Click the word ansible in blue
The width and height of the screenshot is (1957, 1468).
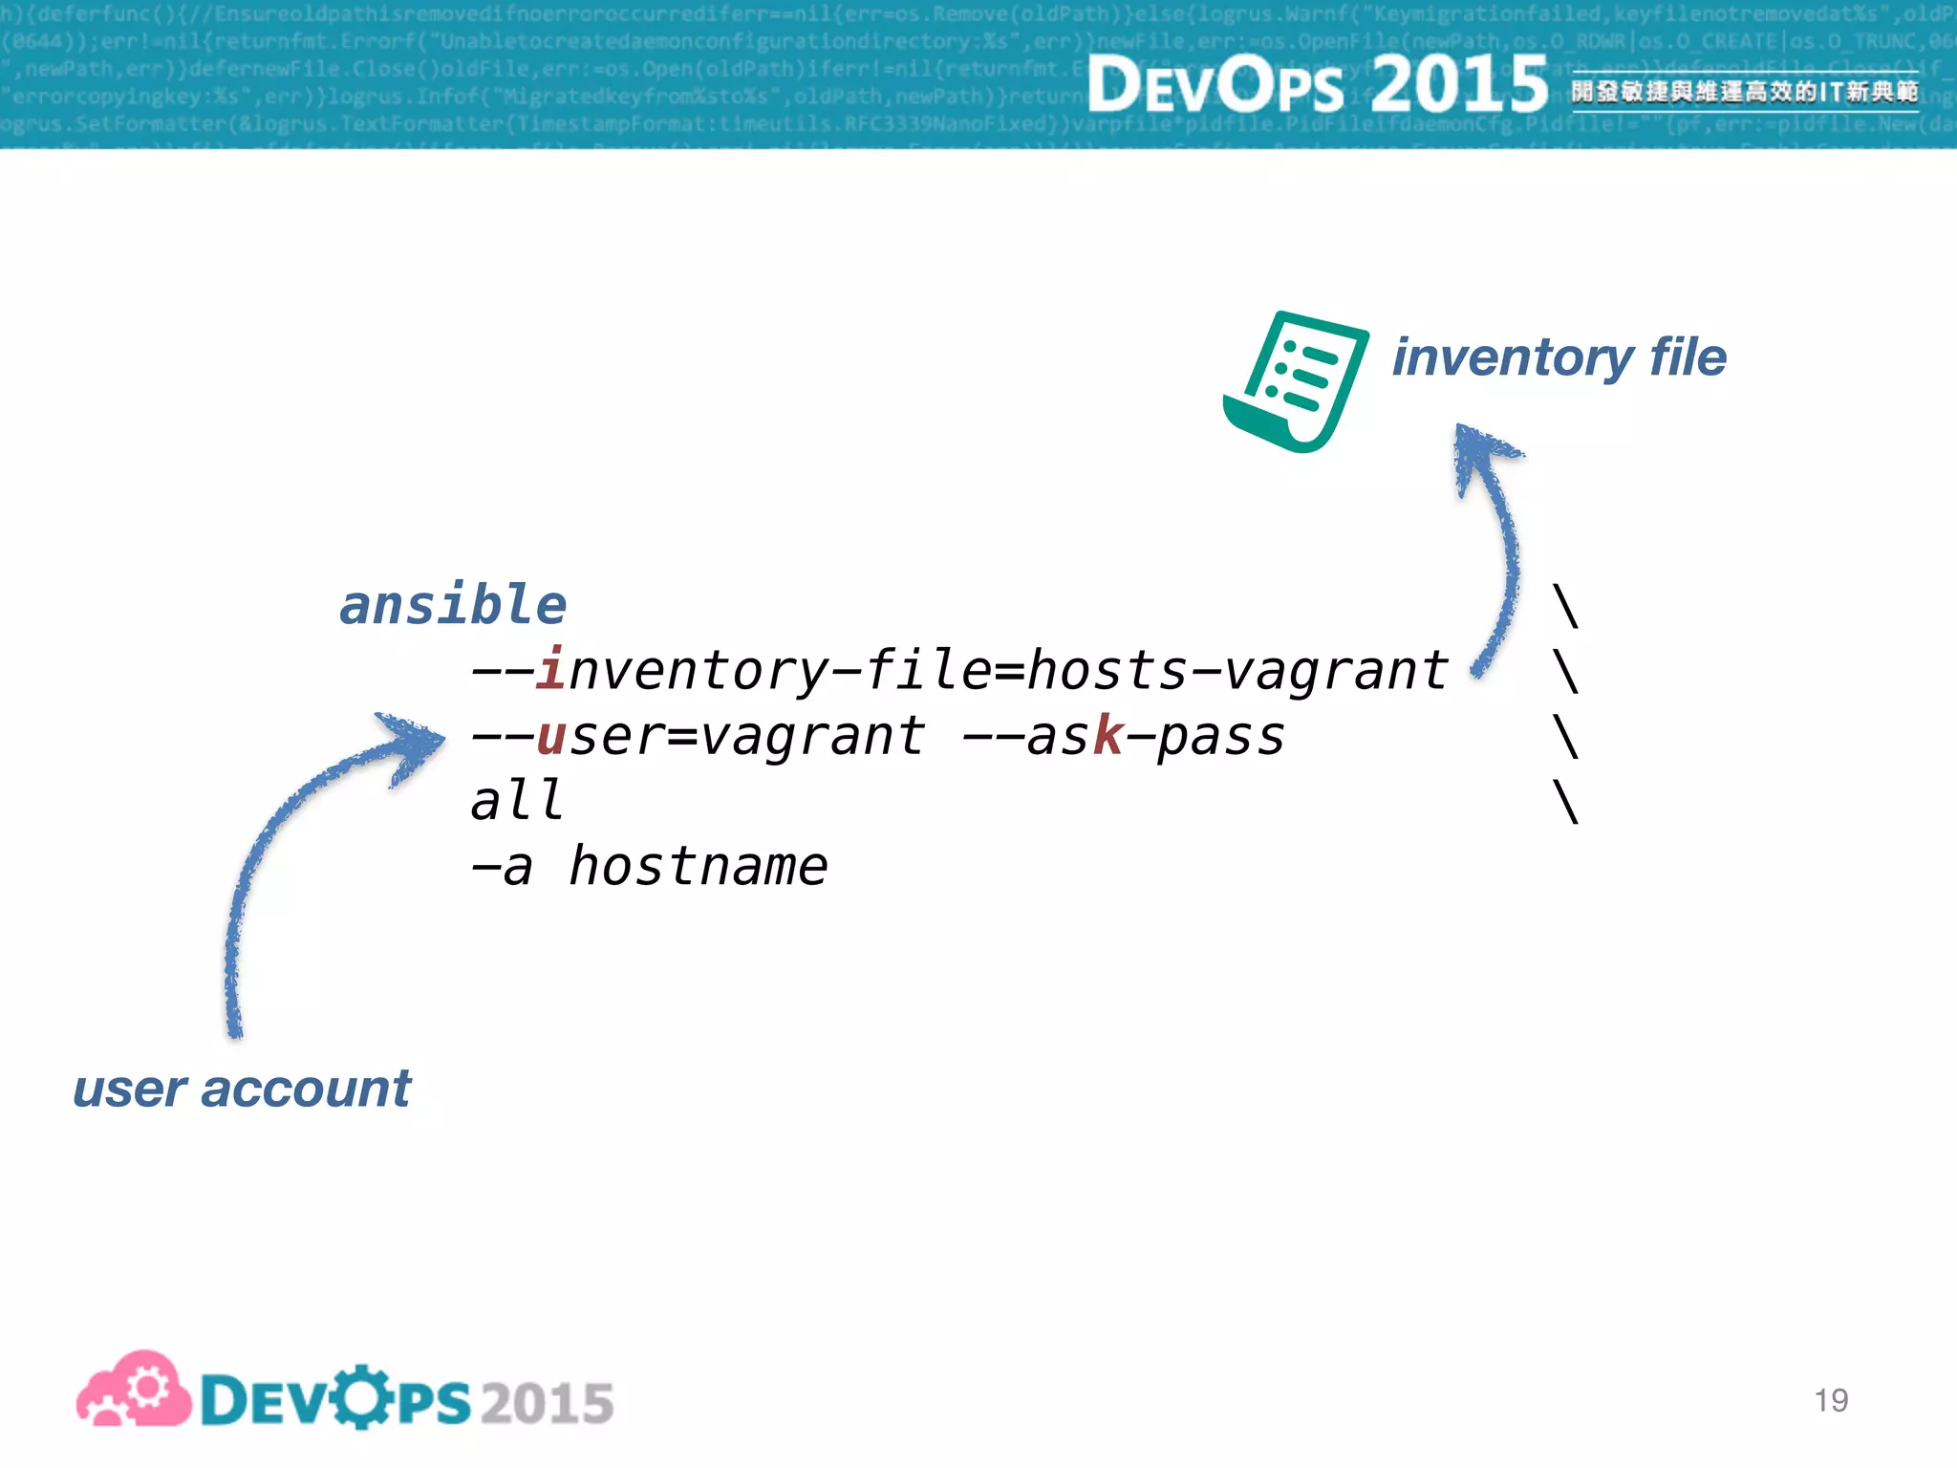click(453, 606)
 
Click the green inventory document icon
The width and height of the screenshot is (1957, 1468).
click(1297, 381)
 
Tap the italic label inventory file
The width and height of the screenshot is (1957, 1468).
click(1559, 357)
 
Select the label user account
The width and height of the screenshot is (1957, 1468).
click(242, 1089)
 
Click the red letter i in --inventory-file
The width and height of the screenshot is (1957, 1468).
click(550, 669)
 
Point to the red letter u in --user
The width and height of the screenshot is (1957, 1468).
click(551, 737)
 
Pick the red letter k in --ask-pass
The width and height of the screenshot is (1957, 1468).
click(1108, 736)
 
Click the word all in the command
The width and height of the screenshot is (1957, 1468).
click(517, 801)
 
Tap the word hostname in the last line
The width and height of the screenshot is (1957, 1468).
click(698, 867)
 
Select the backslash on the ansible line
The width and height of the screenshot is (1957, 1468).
click(1565, 606)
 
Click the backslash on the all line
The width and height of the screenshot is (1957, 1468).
click(1565, 802)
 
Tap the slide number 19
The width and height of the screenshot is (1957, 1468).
click(1830, 1400)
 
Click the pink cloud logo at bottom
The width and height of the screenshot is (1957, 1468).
click(134, 1391)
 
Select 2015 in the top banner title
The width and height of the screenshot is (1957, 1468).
click(1458, 84)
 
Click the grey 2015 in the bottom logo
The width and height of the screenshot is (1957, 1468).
click(547, 1403)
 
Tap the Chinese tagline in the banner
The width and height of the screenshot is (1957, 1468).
click(1744, 92)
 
